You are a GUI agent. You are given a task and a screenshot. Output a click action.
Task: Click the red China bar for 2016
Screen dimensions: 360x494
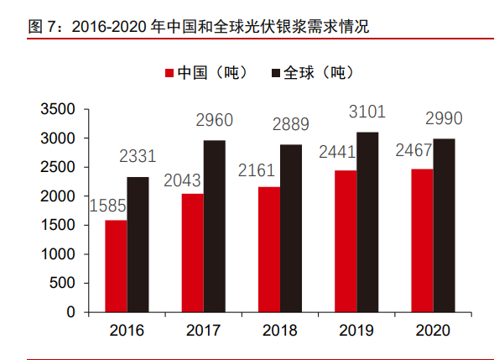[x=116, y=266]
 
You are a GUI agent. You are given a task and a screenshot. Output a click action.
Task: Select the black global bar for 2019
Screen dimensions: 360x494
[x=367, y=222]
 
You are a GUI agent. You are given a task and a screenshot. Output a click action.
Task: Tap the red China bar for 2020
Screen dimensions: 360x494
[x=421, y=241]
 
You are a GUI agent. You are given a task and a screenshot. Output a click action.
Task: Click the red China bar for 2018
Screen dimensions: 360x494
[x=268, y=249]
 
